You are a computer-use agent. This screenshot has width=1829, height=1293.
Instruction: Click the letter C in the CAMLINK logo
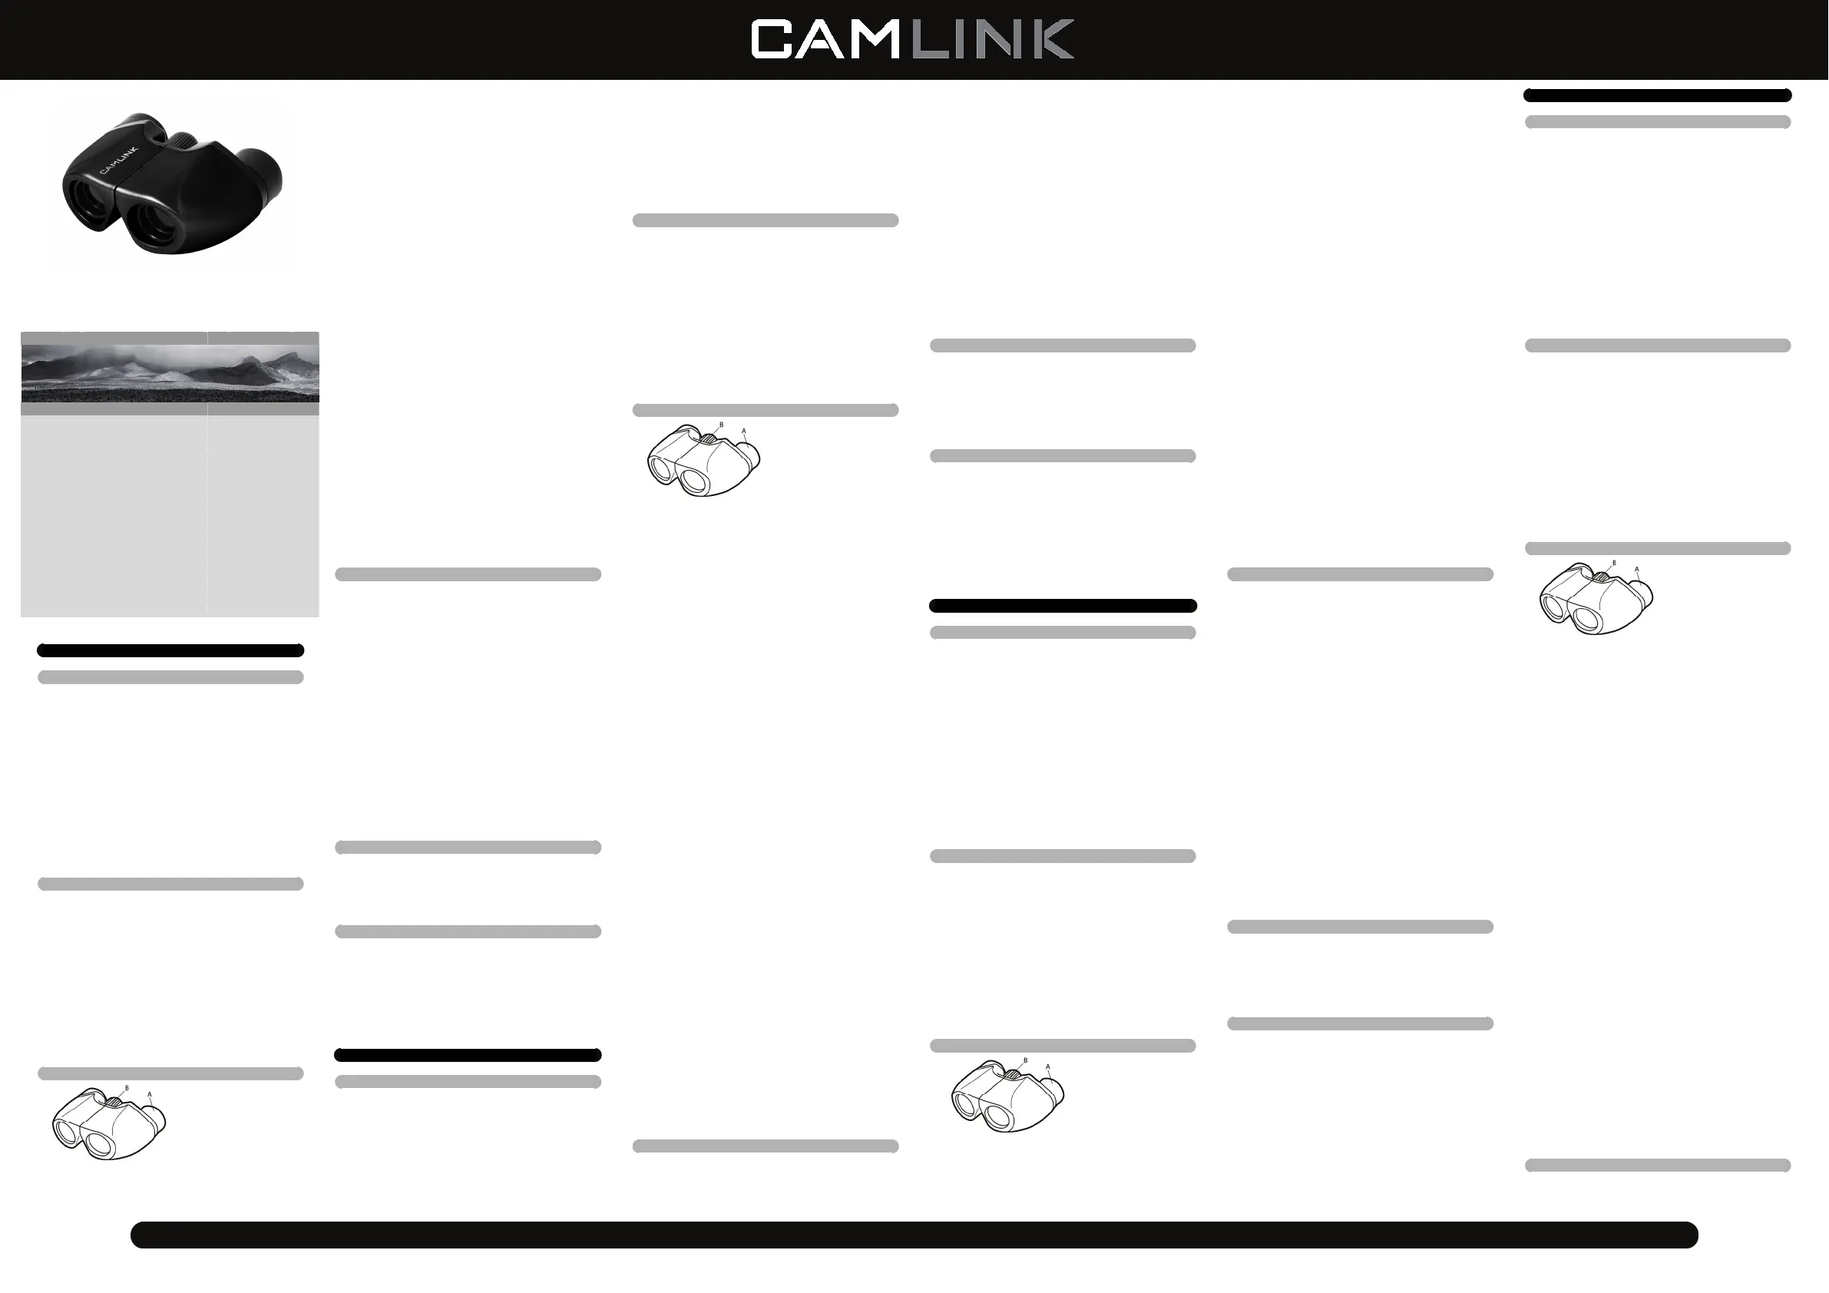tap(771, 40)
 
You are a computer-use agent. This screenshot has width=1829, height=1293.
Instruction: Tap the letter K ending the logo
tap(1051, 40)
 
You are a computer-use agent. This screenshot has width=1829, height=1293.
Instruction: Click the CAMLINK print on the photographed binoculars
tap(118, 160)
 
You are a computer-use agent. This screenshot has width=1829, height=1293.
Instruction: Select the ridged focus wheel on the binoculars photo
tap(185, 141)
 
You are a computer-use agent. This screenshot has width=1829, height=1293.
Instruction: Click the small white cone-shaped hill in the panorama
tap(171, 375)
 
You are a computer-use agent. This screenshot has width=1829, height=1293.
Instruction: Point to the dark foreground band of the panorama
tap(159, 394)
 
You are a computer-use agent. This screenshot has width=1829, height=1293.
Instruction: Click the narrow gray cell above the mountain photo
tap(263, 338)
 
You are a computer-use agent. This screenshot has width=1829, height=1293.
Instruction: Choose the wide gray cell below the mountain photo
tap(113, 408)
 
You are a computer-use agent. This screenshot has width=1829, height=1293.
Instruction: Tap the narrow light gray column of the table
tap(263, 514)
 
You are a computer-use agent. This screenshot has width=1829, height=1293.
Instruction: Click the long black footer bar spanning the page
tap(914, 1234)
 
